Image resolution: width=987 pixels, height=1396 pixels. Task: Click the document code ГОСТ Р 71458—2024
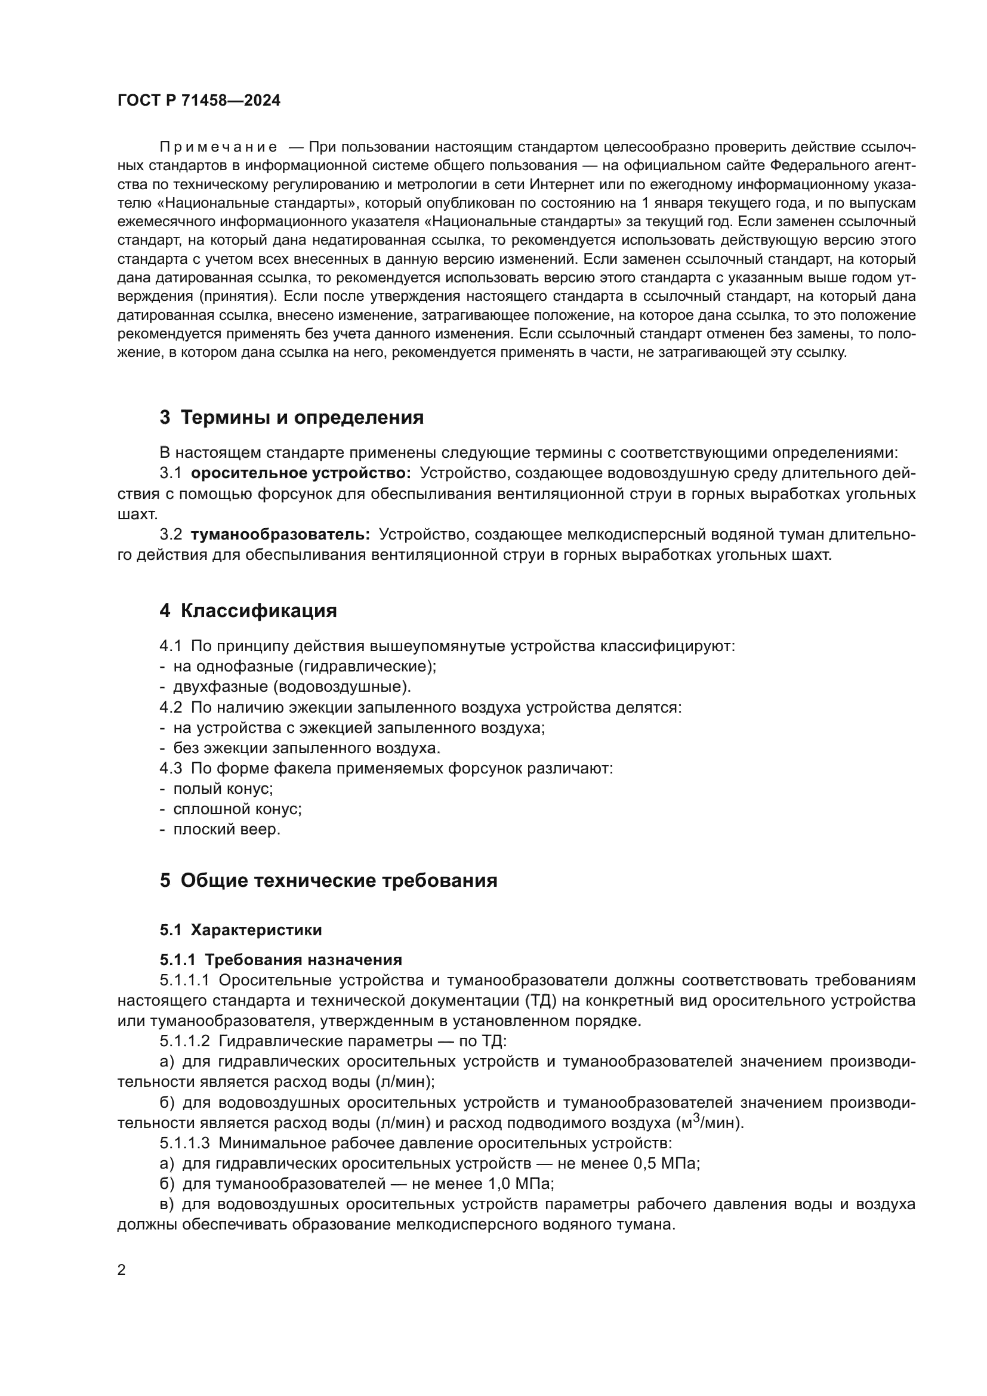click(199, 101)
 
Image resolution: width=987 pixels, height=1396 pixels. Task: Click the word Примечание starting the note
click(218, 147)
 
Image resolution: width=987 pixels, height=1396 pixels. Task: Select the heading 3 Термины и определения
click(292, 418)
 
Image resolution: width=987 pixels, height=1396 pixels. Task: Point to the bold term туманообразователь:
click(280, 534)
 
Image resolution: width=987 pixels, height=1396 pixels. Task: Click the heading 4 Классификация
click(248, 611)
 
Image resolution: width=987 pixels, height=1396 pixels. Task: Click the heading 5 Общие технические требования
click(328, 880)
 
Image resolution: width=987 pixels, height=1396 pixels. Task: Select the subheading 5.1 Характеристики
click(240, 930)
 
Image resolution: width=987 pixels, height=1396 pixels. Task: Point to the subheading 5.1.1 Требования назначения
click(281, 960)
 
